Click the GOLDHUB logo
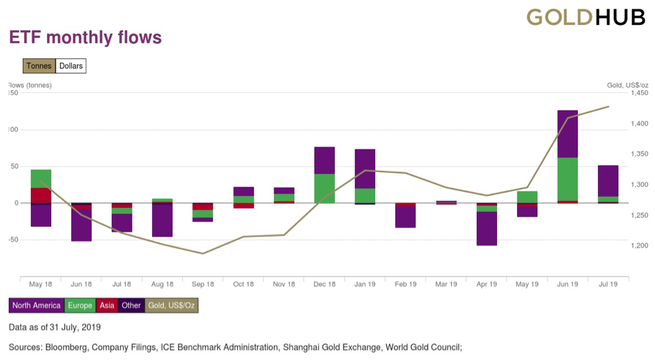coord(585,17)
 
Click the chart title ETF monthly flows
coord(85,38)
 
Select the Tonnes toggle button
coord(39,66)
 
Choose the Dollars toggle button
coord(71,66)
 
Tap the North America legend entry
coord(36,305)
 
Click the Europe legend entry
coord(80,305)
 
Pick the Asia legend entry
coord(106,305)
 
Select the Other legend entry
coord(131,305)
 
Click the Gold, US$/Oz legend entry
coord(171,305)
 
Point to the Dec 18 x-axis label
coord(324,285)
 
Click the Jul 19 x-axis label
coord(608,285)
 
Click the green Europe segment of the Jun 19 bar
coord(568,179)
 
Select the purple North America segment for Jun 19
coord(568,134)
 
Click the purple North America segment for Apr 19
coord(486,228)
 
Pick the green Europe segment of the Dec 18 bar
coord(324,188)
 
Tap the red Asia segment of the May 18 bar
coord(41,195)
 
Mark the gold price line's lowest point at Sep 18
coord(203,254)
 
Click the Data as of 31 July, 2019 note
coord(54,328)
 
